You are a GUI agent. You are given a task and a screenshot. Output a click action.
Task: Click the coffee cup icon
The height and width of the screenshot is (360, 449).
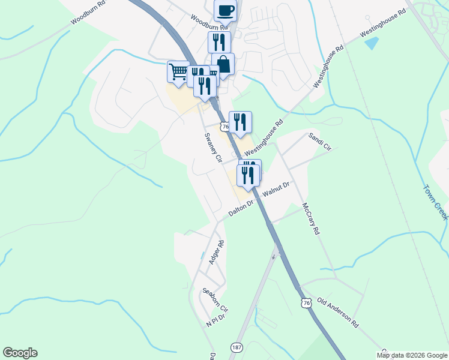click(x=225, y=10)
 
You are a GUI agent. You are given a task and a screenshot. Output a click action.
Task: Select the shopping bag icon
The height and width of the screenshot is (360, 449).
click(x=223, y=64)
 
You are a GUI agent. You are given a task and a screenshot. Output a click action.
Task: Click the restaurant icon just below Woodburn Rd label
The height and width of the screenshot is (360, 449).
click(x=219, y=42)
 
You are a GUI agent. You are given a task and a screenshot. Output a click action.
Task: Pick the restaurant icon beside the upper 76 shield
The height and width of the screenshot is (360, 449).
click(x=240, y=122)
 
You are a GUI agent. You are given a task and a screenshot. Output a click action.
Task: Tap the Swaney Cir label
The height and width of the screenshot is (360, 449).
click(x=213, y=148)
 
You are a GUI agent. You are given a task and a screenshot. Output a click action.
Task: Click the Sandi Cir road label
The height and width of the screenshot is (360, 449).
click(x=319, y=141)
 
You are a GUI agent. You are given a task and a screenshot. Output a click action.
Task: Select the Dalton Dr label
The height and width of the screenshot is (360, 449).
click(x=243, y=208)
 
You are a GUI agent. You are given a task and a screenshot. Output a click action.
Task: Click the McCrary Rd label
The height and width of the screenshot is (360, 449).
click(x=311, y=218)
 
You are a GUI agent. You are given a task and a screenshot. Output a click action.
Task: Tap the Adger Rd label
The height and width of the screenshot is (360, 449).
click(x=216, y=253)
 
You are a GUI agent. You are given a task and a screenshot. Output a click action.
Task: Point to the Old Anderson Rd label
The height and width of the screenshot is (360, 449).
click(x=337, y=312)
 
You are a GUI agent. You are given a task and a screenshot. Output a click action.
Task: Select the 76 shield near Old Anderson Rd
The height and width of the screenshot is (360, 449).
click(x=306, y=305)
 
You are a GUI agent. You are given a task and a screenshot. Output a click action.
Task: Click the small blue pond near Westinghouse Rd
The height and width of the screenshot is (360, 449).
click(x=372, y=43)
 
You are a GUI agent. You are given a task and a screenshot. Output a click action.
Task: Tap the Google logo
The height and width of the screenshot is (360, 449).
click(x=20, y=353)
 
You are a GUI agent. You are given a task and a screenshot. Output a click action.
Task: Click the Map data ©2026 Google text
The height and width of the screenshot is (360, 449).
click(x=411, y=355)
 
